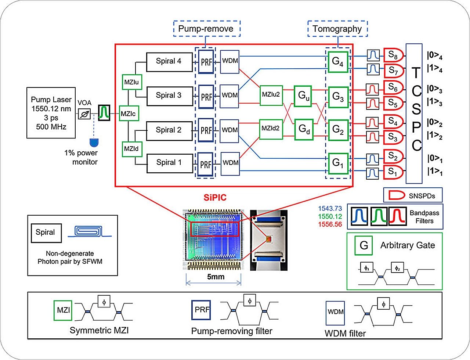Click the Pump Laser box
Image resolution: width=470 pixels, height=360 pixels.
(51, 113)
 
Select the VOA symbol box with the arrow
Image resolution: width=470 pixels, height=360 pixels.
(84, 114)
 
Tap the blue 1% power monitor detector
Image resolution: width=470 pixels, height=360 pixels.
(94, 143)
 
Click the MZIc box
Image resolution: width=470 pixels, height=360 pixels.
(129, 114)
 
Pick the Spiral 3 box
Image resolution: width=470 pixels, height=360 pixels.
(170, 96)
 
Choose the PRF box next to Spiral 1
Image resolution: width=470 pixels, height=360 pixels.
(206, 165)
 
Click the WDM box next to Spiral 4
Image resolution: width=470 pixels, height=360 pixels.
(230, 62)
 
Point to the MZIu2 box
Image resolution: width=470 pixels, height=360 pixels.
(271, 96)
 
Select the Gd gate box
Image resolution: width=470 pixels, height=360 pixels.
(304, 129)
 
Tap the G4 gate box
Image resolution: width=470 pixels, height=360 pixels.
(338, 62)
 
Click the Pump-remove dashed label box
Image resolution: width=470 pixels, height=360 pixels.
(207, 29)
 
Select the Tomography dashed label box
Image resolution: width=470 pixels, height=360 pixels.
(338, 29)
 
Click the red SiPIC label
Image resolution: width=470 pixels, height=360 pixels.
(215, 198)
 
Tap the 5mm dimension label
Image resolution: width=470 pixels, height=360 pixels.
(216, 277)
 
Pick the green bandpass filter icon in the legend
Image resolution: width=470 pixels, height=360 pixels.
(379, 216)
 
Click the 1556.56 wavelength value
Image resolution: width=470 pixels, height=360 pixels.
(330, 224)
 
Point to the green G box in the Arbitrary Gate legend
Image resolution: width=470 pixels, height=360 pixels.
(364, 245)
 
